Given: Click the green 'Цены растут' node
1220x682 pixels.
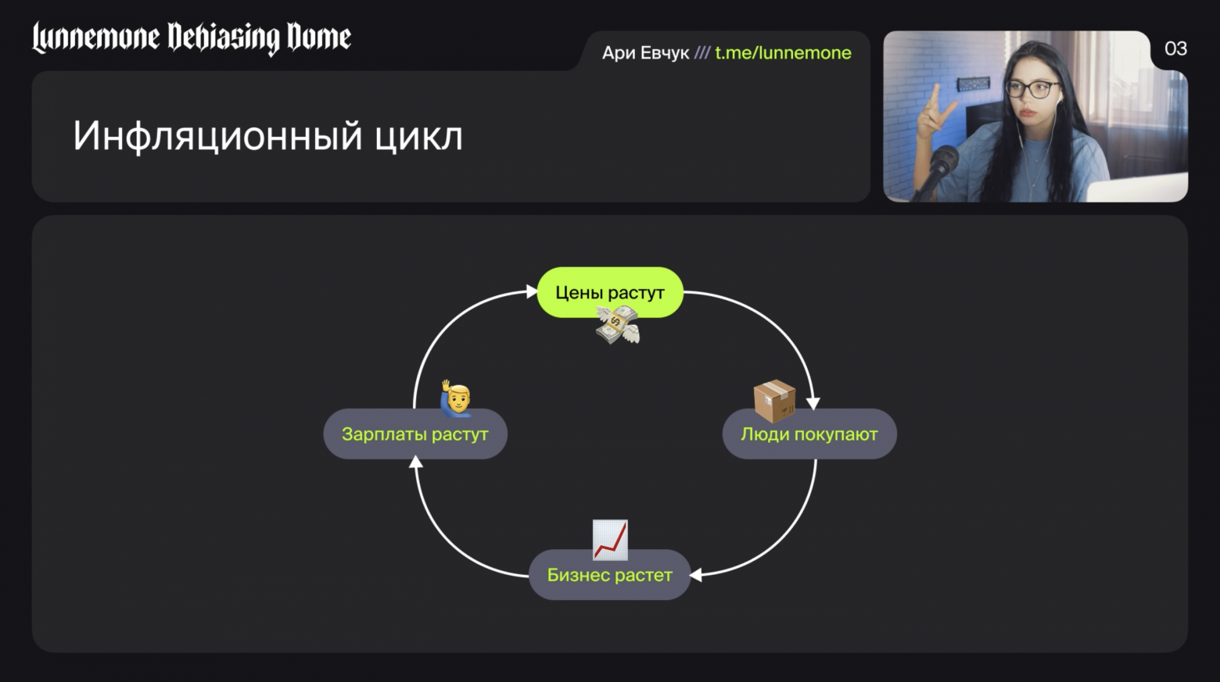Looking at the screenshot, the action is pyautogui.click(x=610, y=292).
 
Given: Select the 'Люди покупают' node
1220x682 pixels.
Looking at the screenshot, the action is pyautogui.click(x=809, y=434).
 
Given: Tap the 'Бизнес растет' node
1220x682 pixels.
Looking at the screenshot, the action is pyautogui.click(x=609, y=575).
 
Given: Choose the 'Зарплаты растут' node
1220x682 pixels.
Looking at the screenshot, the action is pyautogui.click(x=414, y=434).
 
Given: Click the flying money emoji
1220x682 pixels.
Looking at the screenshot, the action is pyautogui.click(x=618, y=324).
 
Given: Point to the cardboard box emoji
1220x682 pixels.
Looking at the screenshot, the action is pyautogui.click(x=774, y=400).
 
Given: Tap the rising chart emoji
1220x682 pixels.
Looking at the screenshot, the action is pyautogui.click(x=610, y=540).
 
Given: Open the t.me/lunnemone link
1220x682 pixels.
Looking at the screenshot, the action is pyautogui.click(x=783, y=53).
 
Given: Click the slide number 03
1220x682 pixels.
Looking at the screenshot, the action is pyautogui.click(x=1175, y=49).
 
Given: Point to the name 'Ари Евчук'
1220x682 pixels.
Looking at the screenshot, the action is pyautogui.click(x=645, y=53).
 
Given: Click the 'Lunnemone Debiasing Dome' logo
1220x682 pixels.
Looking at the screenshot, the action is pyautogui.click(x=192, y=37).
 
